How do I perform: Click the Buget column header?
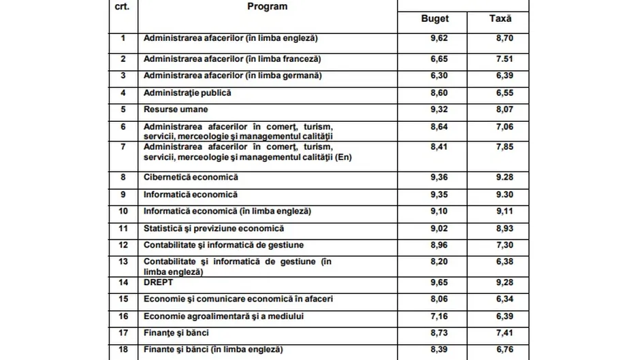tap(435, 18)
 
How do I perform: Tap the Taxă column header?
tap(500, 18)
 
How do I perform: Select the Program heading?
tap(267, 6)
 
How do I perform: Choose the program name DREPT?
tap(159, 282)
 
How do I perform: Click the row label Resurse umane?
tap(176, 109)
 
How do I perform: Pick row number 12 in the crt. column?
tap(123, 245)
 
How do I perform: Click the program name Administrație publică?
tap(187, 93)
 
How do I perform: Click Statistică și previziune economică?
tap(214, 228)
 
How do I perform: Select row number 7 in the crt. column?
tap(123, 146)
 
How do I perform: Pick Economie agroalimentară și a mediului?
tap(223, 316)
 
